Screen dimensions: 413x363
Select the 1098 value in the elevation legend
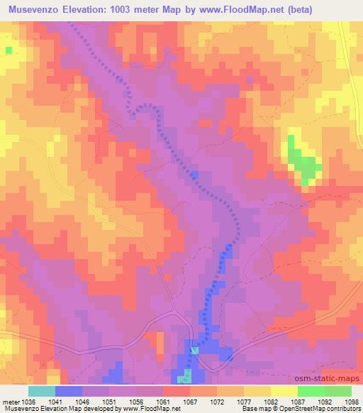pyautogui.click(x=352, y=401)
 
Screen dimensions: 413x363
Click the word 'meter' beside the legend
pyautogui.click(x=11, y=401)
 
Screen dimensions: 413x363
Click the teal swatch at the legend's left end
pyautogui.click(x=42, y=391)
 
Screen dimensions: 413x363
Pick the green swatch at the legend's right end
pyautogui.click(x=337, y=391)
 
